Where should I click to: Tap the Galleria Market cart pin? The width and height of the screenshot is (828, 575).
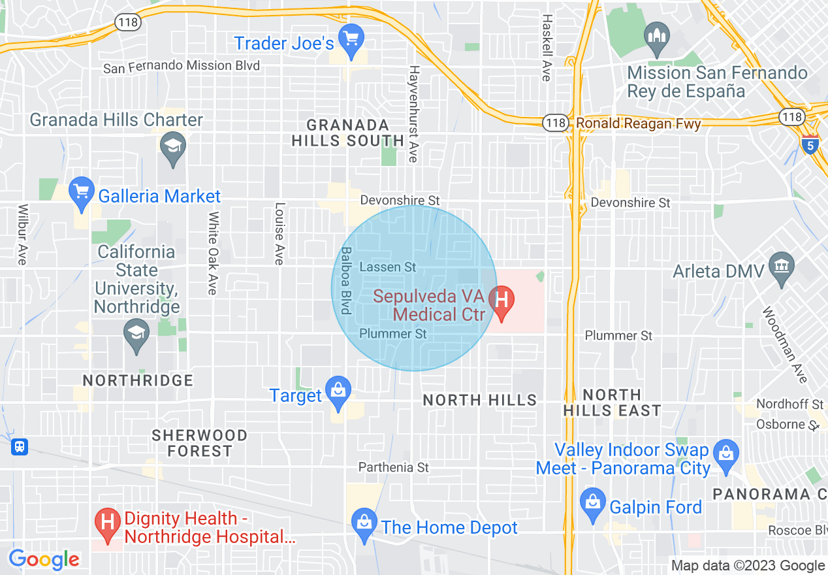pos(82,192)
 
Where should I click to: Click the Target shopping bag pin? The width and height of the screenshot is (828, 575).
pos(338,392)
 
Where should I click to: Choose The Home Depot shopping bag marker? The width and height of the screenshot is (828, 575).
pos(364,523)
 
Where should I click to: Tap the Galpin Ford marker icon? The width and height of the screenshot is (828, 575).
pos(593,503)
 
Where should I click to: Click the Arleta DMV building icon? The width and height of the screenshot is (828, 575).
pos(782,267)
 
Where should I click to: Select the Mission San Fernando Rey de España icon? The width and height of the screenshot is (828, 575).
pos(656,37)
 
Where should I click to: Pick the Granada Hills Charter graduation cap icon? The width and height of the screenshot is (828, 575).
pos(173,145)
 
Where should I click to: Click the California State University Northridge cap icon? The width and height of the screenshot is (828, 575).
pos(136,333)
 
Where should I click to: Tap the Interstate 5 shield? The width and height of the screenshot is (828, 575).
pos(810,144)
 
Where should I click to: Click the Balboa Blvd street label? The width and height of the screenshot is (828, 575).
pos(346,280)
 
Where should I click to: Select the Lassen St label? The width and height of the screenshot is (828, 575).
pos(387,267)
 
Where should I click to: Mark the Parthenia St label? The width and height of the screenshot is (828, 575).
pos(394,467)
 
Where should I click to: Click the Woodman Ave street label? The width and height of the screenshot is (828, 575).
pos(785,344)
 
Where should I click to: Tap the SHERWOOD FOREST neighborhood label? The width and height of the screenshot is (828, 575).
pos(199,443)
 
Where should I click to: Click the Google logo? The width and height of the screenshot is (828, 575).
pos(44,559)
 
